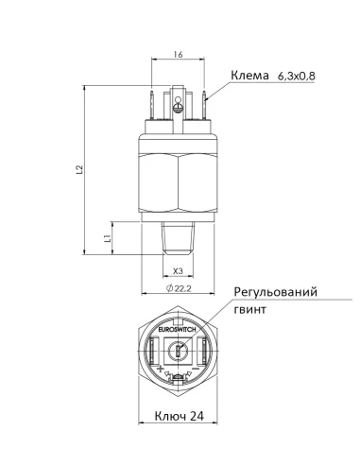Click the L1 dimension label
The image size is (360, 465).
pyautogui.click(x=109, y=238)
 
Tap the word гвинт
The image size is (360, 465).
pyautogui.click(x=250, y=309)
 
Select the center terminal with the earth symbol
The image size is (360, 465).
pyautogui.click(x=178, y=104)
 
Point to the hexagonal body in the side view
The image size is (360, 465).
pyautogui.click(x=178, y=180)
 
